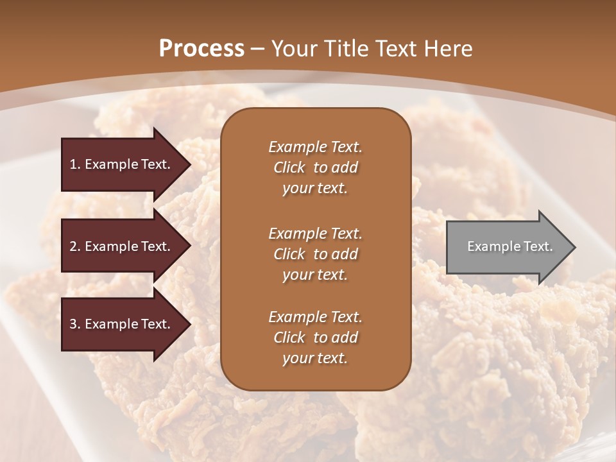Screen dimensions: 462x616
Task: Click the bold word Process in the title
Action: tap(201, 49)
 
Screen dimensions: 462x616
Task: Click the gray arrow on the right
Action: tap(507, 247)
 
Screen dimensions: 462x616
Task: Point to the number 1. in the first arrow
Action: tap(74, 164)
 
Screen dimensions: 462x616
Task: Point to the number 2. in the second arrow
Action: tap(74, 246)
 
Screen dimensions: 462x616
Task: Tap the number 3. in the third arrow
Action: tap(74, 324)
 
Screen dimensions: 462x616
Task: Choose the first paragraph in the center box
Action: tap(315, 167)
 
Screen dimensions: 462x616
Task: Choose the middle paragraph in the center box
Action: tap(315, 254)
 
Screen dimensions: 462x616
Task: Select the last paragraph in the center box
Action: tap(315, 338)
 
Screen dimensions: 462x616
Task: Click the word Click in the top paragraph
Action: tap(289, 167)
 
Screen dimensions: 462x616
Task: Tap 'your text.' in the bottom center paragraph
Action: tap(315, 359)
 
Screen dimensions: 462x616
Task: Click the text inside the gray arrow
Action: tap(509, 246)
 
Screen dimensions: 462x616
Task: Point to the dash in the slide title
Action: tap(258, 49)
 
